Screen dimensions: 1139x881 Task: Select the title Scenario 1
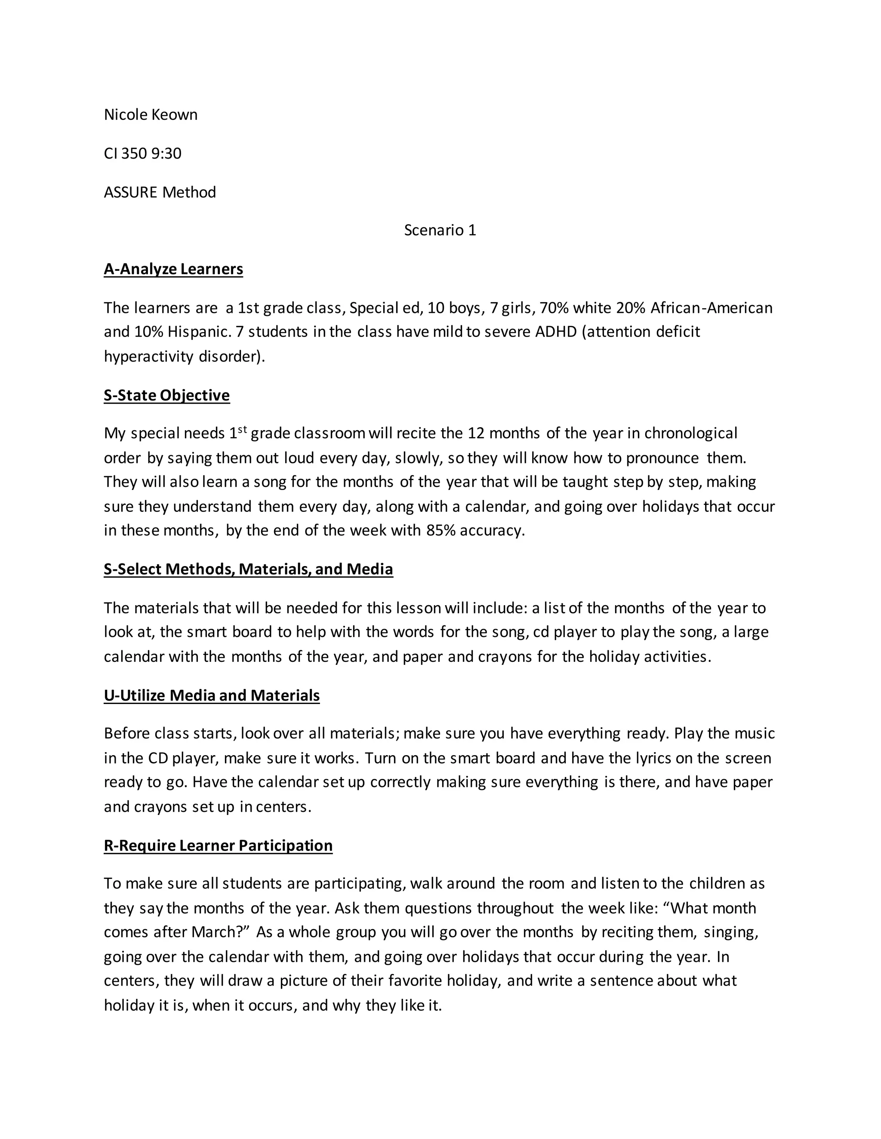[440, 230]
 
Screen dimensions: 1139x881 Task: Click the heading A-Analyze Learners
[173, 269]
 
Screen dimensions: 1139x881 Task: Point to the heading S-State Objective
[166, 395]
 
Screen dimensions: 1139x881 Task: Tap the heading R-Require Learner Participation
[218, 845]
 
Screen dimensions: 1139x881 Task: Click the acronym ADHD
[555, 332]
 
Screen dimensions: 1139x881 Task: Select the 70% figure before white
[554, 308]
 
